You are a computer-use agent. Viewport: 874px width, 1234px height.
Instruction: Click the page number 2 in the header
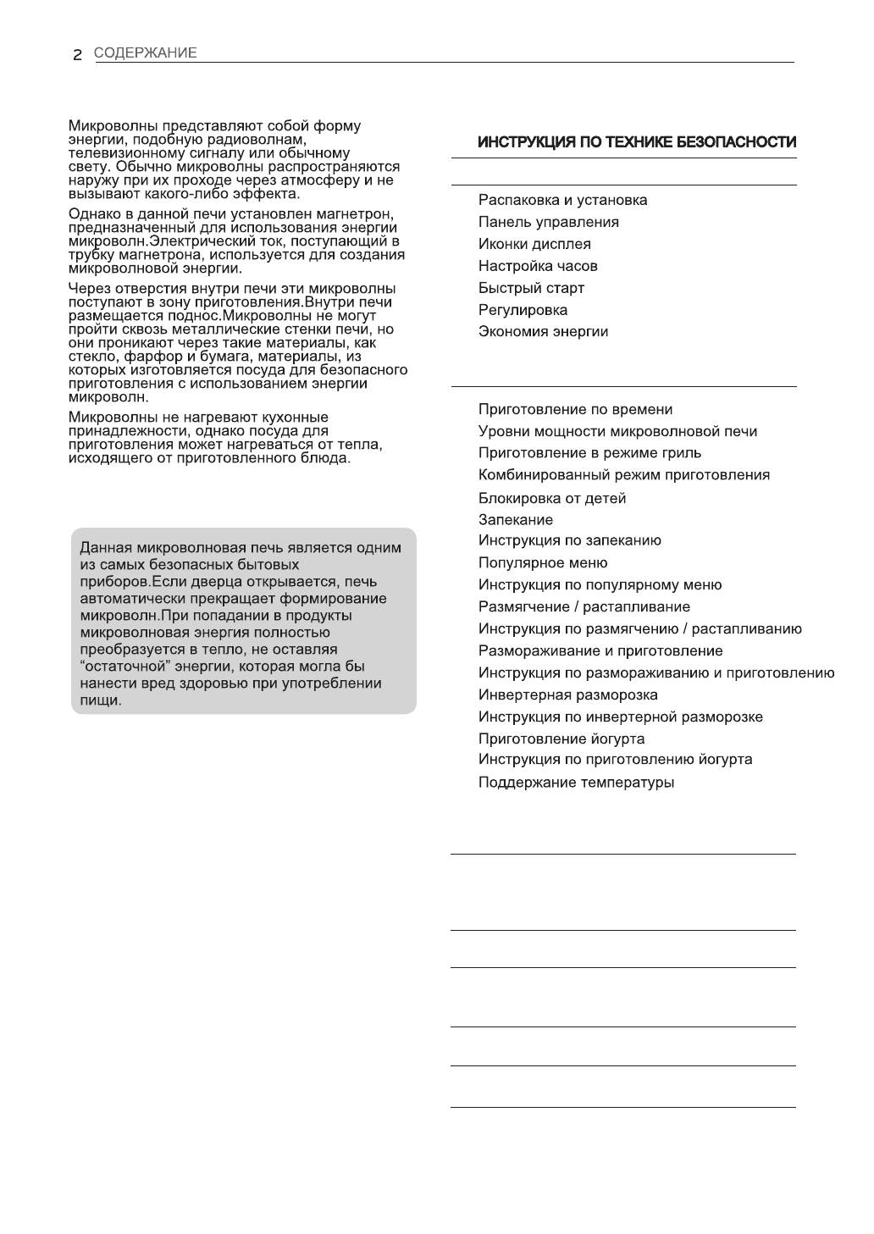(77, 54)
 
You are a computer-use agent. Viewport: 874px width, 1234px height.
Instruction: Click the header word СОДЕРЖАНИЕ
(145, 53)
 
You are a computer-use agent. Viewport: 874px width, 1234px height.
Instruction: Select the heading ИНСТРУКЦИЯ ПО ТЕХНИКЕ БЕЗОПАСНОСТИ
(637, 142)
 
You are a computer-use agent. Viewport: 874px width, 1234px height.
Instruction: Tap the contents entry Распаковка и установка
(562, 201)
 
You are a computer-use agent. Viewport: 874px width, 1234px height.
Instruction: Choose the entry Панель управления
(548, 223)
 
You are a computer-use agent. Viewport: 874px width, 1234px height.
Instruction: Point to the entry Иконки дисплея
(534, 245)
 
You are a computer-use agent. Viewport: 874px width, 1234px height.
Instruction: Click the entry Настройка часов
(538, 267)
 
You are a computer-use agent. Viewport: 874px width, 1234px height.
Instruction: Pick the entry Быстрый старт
(531, 289)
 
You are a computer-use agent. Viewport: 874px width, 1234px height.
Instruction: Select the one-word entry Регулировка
(523, 311)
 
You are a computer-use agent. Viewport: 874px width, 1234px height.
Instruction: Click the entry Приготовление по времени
(575, 410)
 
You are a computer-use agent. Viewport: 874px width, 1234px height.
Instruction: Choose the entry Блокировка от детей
(552, 499)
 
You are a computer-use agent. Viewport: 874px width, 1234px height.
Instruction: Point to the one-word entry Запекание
(515, 520)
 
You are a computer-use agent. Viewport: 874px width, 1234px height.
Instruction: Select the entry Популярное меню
(542, 563)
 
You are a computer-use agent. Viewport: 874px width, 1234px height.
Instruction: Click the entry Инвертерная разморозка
(567, 695)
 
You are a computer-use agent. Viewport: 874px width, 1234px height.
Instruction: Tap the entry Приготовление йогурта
(561, 739)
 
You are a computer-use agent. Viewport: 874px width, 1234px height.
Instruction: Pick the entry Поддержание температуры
(576, 783)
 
